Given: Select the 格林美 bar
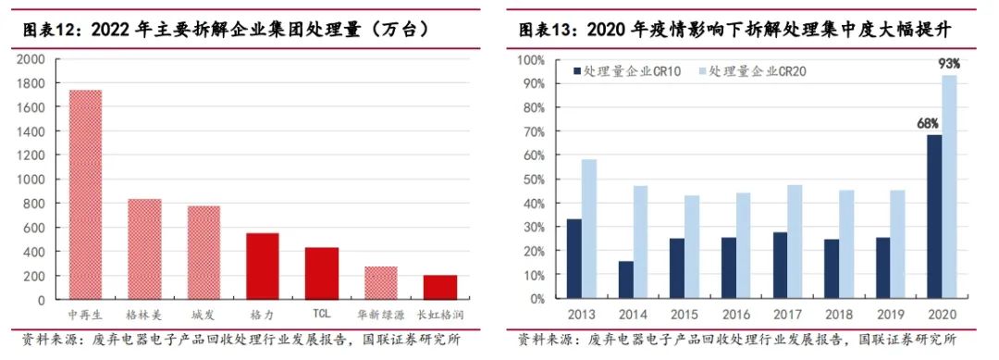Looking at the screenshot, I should point(144,249).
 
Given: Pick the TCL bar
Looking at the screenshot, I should point(322,273).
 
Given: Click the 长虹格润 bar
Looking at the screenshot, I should point(440,287).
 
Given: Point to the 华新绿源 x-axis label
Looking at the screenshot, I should point(381,316).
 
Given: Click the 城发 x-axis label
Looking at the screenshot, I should point(203,316).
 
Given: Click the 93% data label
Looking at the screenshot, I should point(949,64).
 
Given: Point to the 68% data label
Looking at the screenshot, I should point(928,123).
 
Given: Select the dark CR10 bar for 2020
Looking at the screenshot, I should point(935,217).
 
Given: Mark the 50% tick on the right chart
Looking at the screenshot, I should point(534,180).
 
